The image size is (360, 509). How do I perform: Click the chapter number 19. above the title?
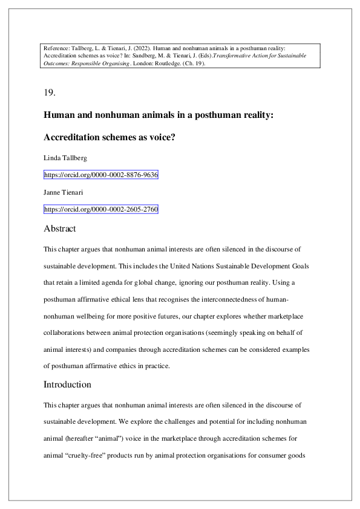click(50, 92)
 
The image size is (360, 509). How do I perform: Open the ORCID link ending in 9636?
click(101, 175)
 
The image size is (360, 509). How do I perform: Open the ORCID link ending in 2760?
click(101, 210)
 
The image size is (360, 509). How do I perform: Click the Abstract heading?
click(60, 229)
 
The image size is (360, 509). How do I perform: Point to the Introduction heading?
click(67, 384)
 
